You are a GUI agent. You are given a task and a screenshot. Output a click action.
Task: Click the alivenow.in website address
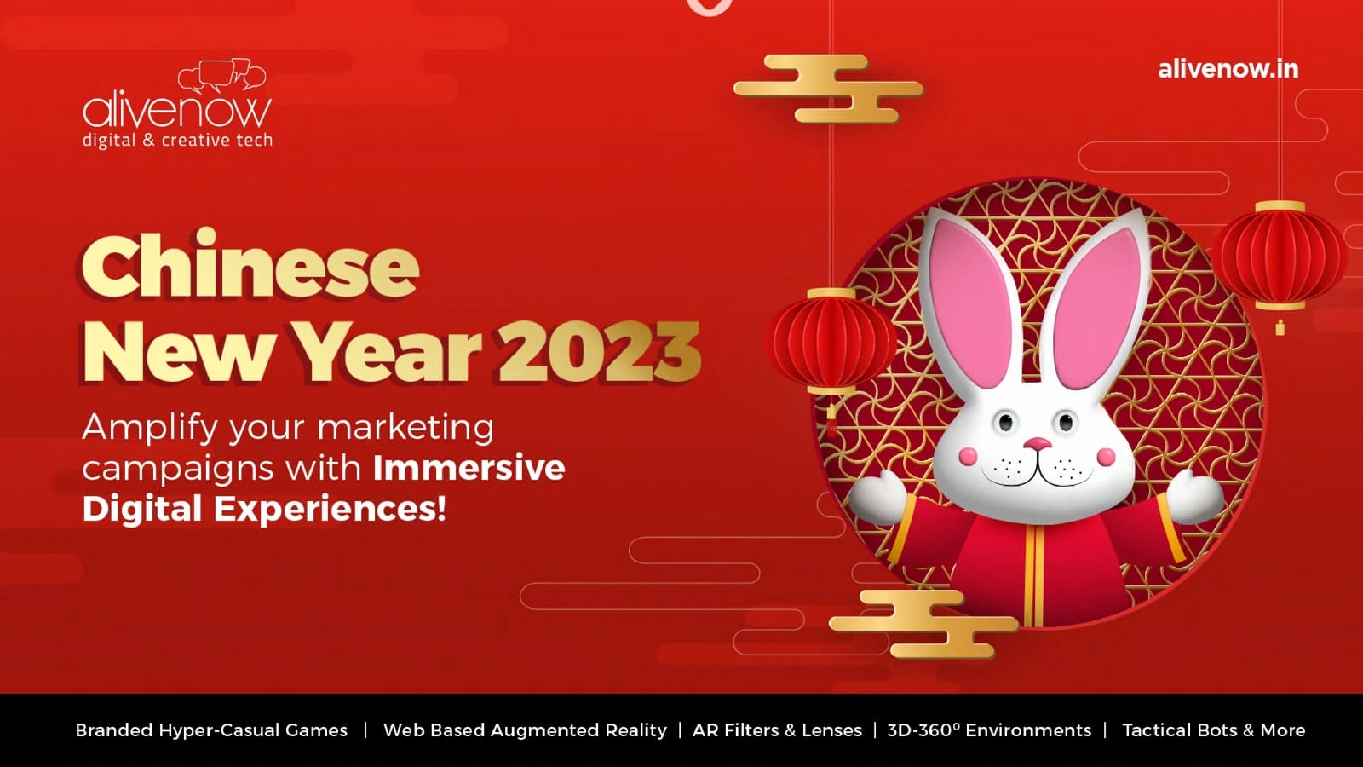(x=1228, y=69)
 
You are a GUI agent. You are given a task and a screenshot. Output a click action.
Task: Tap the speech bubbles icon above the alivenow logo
(x=222, y=76)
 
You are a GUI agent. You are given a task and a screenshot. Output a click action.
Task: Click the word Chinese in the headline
(x=250, y=265)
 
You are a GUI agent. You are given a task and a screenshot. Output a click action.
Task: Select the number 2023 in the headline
(x=600, y=353)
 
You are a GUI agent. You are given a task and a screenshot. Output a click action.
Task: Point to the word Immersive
(x=469, y=468)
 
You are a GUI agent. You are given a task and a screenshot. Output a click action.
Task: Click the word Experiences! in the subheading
(x=330, y=509)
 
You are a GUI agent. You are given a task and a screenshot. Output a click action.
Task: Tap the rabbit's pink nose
(x=1038, y=442)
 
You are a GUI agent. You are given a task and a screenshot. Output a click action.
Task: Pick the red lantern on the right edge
(x=1280, y=256)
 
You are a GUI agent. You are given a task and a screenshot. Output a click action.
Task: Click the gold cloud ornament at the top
(x=829, y=89)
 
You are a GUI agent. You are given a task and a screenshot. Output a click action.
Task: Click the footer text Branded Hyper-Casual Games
(x=211, y=730)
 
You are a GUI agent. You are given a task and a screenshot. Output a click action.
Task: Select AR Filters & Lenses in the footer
(x=777, y=730)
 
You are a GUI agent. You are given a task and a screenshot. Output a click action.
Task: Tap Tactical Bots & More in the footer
(x=1213, y=730)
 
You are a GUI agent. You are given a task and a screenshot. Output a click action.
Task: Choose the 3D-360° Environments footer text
(x=989, y=730)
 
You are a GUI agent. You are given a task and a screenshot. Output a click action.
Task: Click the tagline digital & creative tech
(x=177, y=141)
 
